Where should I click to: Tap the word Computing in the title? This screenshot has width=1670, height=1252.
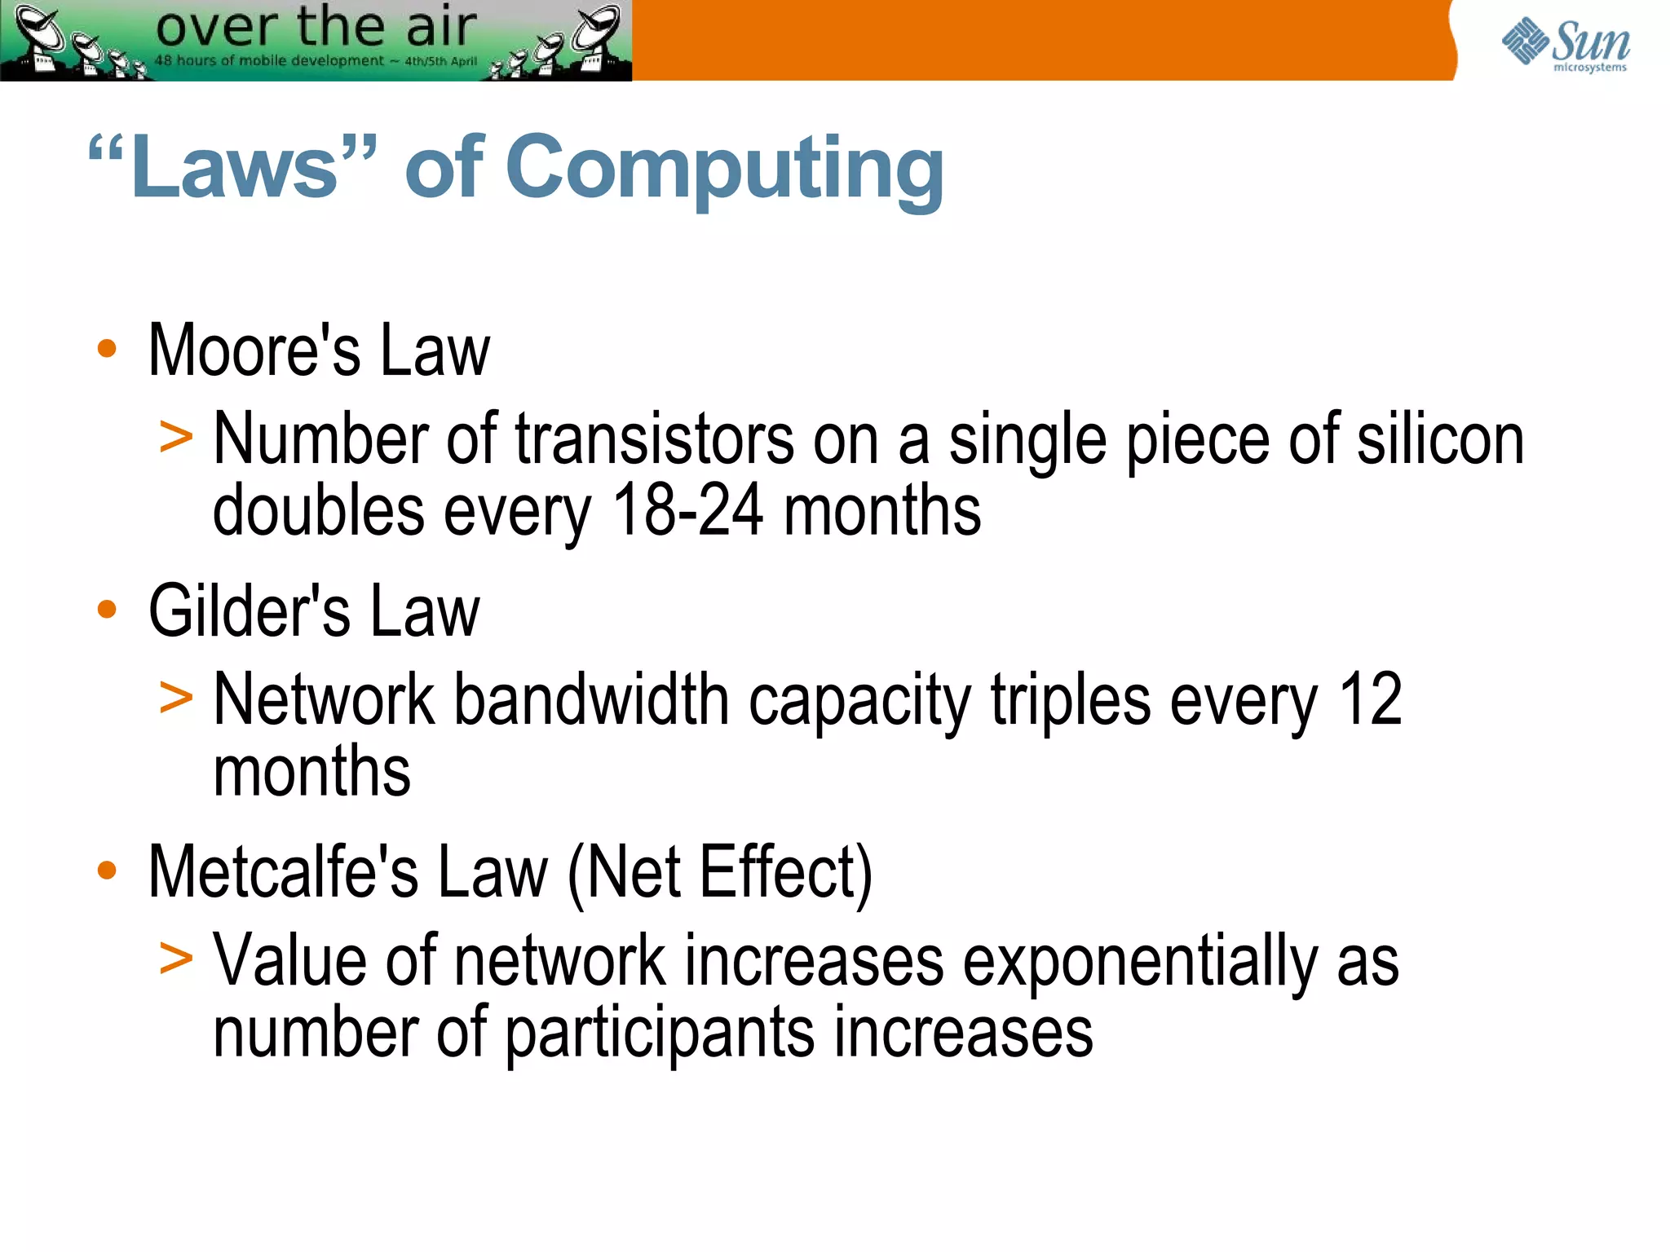[724, 170]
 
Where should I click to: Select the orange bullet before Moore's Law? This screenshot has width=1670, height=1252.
[107, 349]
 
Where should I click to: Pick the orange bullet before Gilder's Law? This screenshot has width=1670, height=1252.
[107, 609]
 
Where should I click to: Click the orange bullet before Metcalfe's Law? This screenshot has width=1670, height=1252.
[107, 870]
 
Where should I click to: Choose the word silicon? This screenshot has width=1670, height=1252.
[1440, 440]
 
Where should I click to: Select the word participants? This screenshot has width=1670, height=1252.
[660, 1034]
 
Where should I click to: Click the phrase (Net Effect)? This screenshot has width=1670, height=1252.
[719, 872]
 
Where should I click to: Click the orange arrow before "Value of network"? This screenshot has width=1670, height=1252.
[176, 958]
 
